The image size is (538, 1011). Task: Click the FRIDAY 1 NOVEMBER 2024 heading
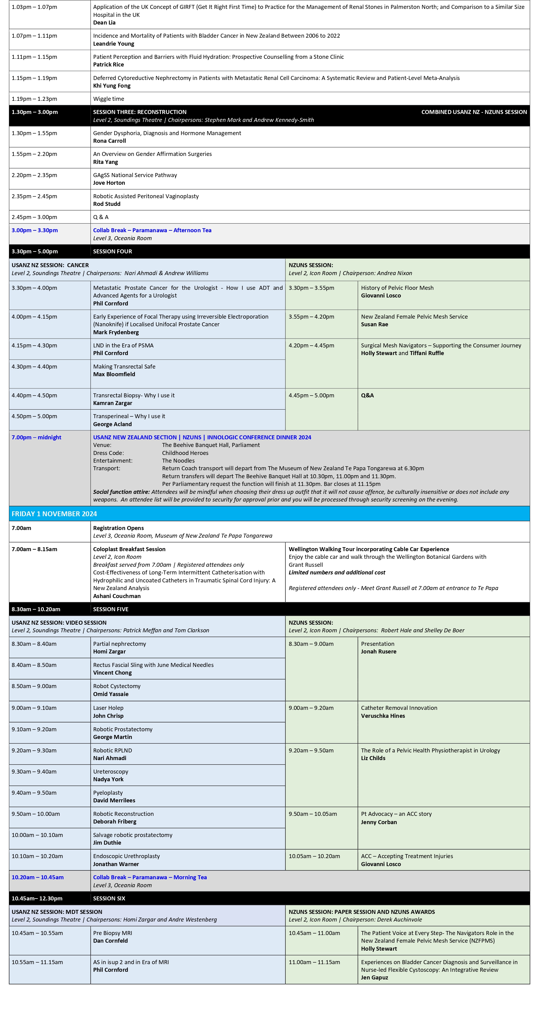click(x=54, y=514)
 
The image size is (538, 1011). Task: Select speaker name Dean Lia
click(x=104, y=23)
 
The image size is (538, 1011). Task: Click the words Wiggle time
click(x=109, y=99)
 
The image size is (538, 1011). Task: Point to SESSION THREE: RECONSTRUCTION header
click(x=139, y=112)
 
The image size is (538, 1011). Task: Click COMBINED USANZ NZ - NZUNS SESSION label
click(x=474, y=112)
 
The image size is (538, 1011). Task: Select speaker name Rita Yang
click(x=105, y=162)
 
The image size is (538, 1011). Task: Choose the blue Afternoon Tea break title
click(x=152, y=230)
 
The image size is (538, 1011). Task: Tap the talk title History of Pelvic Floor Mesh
click(x=397, y=288)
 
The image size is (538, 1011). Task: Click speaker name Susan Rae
click(x=374, y=324)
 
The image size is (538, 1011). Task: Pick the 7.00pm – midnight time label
click(x=36, y=437)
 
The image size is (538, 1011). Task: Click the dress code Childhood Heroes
click(x=185, y=453)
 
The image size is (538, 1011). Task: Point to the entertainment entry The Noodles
click(x=178, y=461)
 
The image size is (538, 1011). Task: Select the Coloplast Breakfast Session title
click(x=129, y=549)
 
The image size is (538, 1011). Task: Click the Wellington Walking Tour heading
click(x=368, y=549)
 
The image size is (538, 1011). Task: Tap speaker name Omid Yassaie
click(x=111, y=694)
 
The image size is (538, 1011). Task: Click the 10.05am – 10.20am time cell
click(x=314, y=856)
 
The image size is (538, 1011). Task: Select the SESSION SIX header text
click(x=109, y=898)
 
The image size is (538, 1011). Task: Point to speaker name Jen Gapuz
click(x=374, y=977)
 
